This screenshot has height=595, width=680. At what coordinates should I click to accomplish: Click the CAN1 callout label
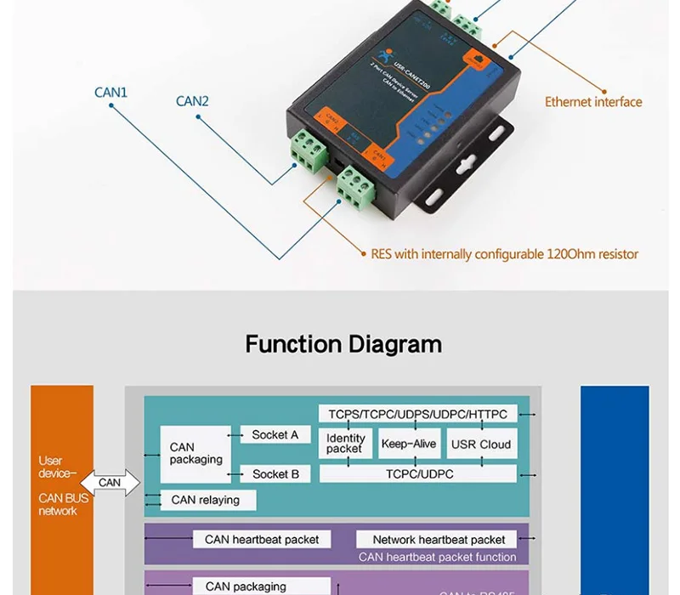[x=110, y=92]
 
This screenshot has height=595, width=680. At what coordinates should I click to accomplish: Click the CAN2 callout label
[x=192, y=101]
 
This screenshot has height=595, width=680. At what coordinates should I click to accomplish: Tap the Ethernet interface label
[x=593, y=102]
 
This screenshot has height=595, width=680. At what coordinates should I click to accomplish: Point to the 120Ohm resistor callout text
[x=504, y=253]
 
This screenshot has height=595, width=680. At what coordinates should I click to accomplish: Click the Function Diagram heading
[x=343, y=344]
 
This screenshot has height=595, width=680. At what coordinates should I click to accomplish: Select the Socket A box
[x=275, y=434]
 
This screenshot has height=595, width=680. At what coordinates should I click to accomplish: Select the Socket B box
[x=275, y=473]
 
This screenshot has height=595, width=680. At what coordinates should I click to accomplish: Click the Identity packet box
[x=345, y=444]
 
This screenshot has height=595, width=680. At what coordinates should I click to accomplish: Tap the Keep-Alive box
[x=409, y=444]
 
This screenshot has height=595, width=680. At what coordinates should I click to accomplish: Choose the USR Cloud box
[x=481, y=444]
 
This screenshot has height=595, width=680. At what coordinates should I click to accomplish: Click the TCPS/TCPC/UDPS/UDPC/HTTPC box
[x=416, y=414]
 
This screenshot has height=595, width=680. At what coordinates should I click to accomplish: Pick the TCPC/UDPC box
[x=417, y=473]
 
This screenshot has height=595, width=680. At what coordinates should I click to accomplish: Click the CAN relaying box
[x=205, y=500]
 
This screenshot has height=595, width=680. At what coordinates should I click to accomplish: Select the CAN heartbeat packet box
[x=262, y=539]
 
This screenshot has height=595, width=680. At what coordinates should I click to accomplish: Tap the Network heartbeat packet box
[x=439, y=540]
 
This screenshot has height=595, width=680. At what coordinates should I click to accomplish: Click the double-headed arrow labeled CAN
[x=110, y=482]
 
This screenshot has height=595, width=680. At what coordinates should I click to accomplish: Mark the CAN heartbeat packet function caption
[x=437, y=557]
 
